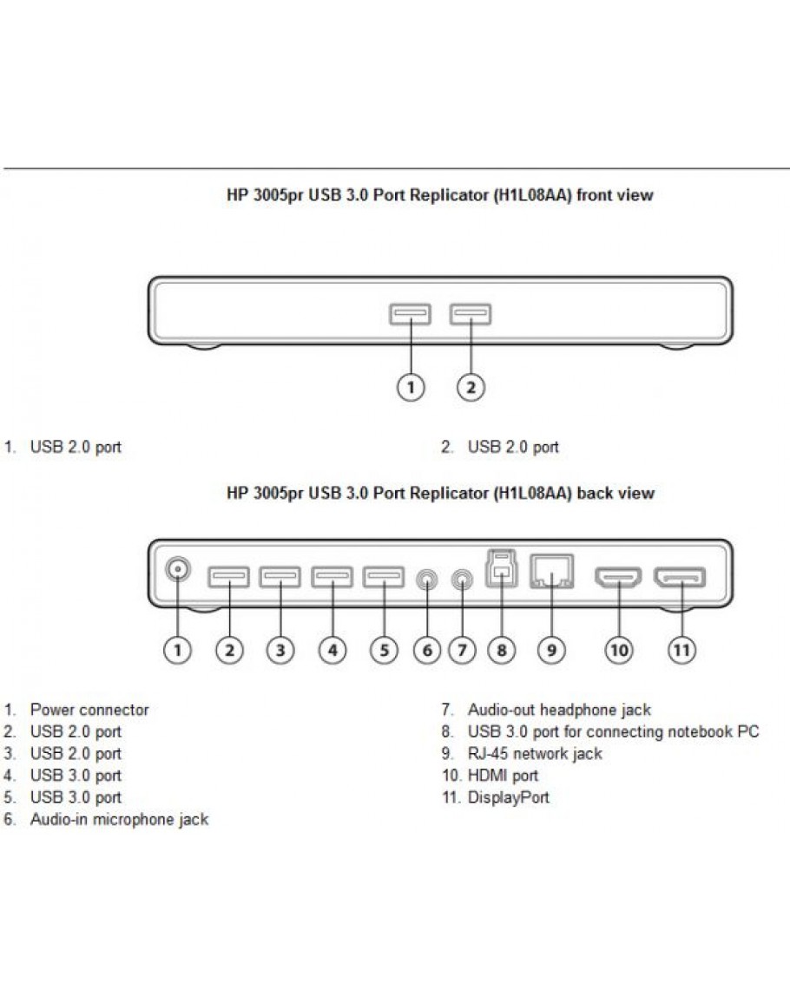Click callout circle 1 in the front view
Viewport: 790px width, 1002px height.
pyautogui.click(x=411, y=388)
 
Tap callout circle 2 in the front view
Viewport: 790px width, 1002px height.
pyautogui.click(x=470, y=388)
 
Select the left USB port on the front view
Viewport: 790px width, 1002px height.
pyautogui.click(x=410, y=313)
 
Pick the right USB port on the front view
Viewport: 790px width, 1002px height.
pyautogui.click(x=471, y=313)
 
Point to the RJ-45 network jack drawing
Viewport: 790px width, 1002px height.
pyautogui.click(x=550, y=573)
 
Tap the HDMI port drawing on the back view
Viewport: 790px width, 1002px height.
pyautogui.click(x=617, y=576)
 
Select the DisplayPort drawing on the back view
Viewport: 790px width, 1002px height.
pyautogui.click(x=680, y=576)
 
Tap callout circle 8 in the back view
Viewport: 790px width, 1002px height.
pyautogui.click(x=501, y=650)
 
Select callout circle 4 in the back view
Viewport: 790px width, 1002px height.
pyautogui.click(x=332, y=650)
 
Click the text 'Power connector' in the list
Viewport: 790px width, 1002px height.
pyautogui.click(x=89, y=710)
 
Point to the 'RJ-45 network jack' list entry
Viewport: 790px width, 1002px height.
pyautogui.click(x=534, y=754)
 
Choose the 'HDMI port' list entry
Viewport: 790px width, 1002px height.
pyautogui.click(x=503, y=776)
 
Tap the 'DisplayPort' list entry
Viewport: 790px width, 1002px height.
pyautogui.click(x=508, y=797)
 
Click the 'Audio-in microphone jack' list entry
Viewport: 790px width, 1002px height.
pyautogui.click(x=119, y=819)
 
